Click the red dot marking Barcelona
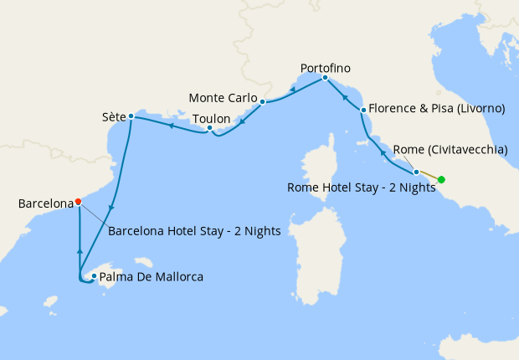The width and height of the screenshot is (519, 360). [78, 201]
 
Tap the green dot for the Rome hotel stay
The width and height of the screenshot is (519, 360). [441, 179]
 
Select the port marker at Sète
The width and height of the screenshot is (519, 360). [131, 116]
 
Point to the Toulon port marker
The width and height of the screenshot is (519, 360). [210, 128]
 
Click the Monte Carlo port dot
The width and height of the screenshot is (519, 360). [262, 102]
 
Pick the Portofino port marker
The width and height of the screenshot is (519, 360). [325, 78]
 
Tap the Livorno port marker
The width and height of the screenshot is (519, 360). [362, 110]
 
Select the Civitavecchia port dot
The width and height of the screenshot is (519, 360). [416, 172]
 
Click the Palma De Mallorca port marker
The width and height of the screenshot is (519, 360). [94, 275]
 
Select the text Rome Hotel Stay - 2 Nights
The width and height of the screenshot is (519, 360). [361, 188]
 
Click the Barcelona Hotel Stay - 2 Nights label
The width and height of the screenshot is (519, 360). [193, 229]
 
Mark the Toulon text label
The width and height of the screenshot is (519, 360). [211, 119]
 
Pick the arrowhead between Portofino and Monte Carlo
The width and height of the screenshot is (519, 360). [292, 90]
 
